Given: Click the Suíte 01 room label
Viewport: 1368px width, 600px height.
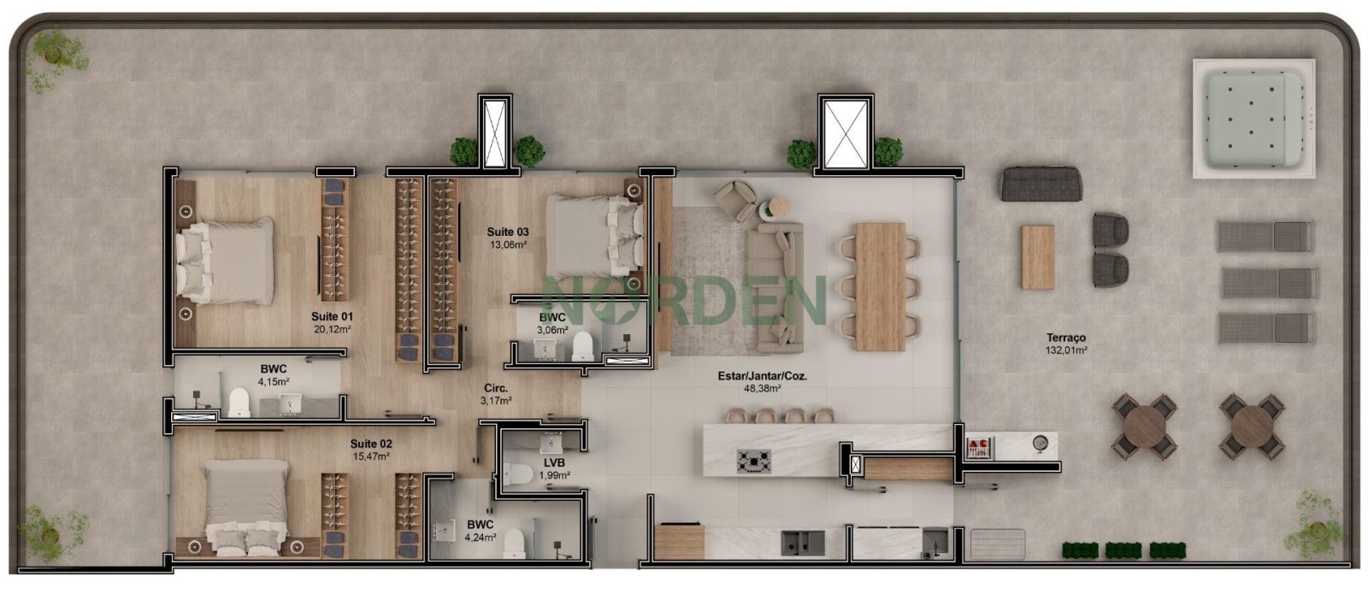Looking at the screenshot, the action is pos(332,316).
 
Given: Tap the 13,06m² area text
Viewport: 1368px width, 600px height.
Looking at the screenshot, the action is pos(508,244).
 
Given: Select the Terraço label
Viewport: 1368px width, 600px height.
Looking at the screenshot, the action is pos(1065,338).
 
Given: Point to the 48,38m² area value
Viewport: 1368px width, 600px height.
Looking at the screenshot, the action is pos(762,388).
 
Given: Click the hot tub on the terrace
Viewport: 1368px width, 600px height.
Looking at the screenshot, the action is pos(1253,119).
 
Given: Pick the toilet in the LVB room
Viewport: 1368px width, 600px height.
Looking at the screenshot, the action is pos(516,475).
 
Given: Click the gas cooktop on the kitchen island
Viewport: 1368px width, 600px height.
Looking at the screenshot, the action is pos(753,462).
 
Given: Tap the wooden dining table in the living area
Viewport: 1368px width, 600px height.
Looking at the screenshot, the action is pos(880,286).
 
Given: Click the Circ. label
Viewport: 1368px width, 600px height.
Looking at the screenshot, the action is pos(495,388).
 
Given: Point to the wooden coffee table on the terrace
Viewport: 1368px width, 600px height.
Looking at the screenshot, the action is pos(1038,257).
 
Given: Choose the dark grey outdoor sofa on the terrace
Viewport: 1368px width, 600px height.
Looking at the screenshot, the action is pos(1041,184).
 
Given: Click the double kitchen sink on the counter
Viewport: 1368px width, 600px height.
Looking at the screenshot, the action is pos(803,543).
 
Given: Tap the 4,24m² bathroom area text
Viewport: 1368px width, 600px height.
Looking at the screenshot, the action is pos(480,538).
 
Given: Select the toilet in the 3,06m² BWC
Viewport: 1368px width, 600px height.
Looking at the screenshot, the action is pos(582,347).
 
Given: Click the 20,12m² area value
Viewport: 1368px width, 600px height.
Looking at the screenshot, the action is pos(332,329).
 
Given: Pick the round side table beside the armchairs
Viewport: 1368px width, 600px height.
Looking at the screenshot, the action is pos(777,206).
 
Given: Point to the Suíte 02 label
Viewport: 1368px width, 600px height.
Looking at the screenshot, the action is pos(371,444).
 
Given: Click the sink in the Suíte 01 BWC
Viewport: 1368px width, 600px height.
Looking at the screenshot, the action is pos(291,403).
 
